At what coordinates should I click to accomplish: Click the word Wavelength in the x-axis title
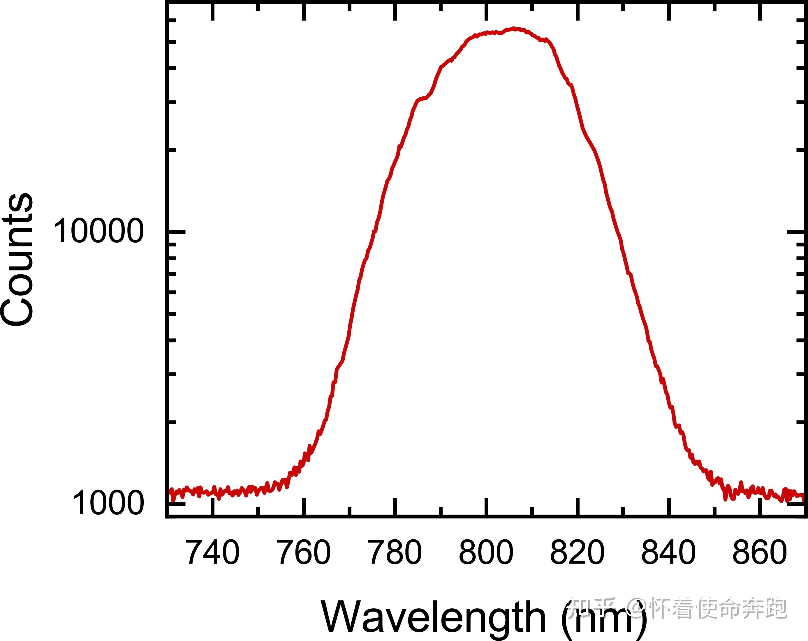[x=433, y=617]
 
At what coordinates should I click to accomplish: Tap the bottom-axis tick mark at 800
[x=486, y=507]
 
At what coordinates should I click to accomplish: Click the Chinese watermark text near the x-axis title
[x=677, y=608]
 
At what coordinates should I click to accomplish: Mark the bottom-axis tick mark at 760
[x=304, y=507]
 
